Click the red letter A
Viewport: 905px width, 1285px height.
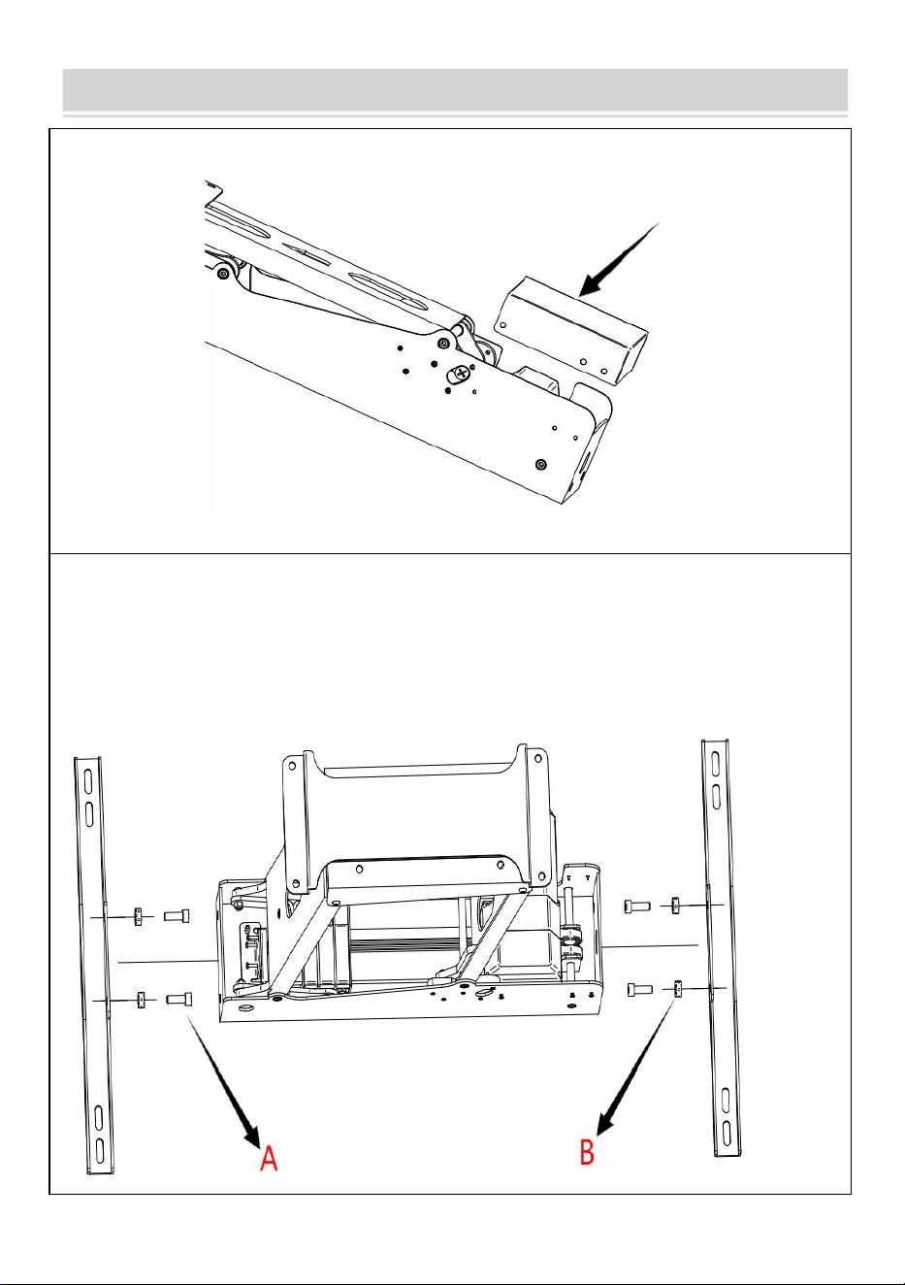click(269, 1158)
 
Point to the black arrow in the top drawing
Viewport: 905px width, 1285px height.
click(620, 259)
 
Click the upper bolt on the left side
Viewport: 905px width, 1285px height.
click(177, 916)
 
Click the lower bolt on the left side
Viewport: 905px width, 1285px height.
click(178, 1000)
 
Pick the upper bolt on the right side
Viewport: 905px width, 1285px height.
click(636, 906)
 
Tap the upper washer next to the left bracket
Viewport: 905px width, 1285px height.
click(138, 917)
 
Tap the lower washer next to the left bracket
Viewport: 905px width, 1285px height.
click(141, 1000)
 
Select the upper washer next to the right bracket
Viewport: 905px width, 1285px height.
click(675, 906)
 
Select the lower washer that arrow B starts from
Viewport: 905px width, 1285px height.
click(678, 989)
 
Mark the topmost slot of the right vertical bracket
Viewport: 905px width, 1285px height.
click(716, 763)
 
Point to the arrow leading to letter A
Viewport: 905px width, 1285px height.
click(223, 1076)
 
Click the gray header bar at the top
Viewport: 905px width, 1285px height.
click(455, 90)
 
